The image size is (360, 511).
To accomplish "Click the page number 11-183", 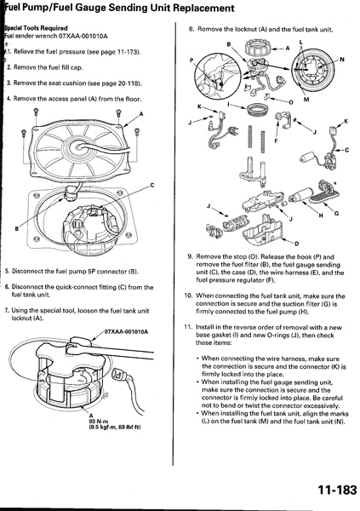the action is (337, 490).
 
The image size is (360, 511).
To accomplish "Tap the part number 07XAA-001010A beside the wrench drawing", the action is (126, 332).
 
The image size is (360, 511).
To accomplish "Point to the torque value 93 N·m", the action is (94, 421).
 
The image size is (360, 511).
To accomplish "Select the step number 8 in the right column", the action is (191, 29).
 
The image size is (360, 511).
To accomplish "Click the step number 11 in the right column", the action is (188, 327).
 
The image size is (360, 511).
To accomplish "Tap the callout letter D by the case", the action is (297, 244).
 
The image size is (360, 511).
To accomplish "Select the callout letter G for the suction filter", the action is (336, 214).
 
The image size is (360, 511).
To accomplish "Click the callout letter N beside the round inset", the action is (342, 60).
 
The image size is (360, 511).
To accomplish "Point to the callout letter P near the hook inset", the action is (191, 60).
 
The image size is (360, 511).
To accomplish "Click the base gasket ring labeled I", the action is (257, 109).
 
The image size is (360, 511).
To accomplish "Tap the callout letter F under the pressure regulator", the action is (277, 141).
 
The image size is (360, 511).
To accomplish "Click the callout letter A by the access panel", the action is (141, 114).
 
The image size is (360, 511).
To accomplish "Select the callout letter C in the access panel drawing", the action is (151, 186).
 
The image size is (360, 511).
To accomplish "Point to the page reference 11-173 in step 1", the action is (129, 52).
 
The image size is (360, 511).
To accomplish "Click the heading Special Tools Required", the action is (36, 28).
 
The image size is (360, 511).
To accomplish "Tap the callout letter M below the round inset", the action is (306, 100).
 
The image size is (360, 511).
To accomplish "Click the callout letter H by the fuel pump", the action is (321, 215).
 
